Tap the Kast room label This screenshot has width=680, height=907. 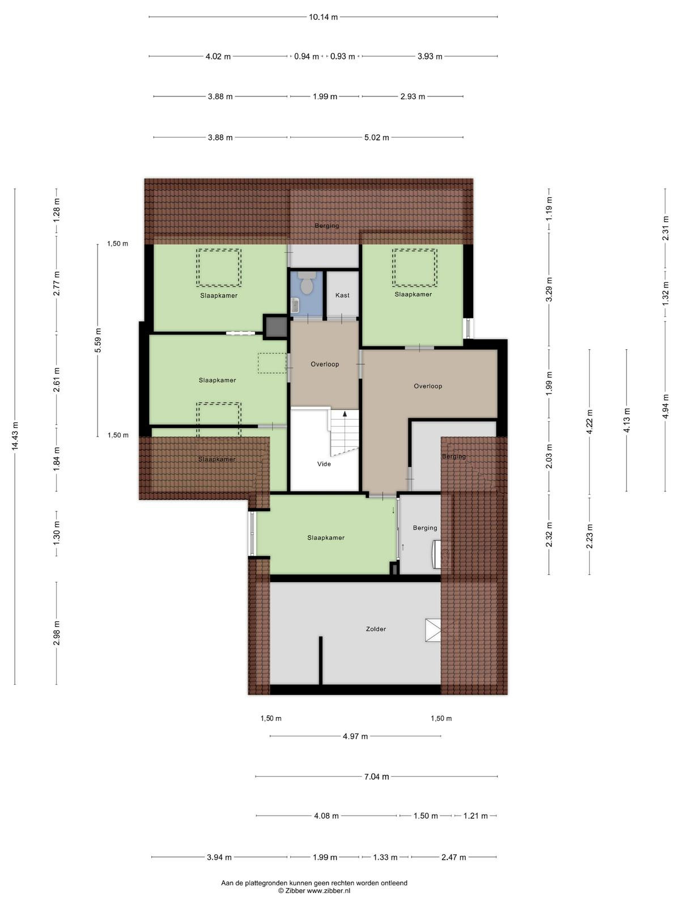click(x=342, y=295)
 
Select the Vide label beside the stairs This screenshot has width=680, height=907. click(x=324, y=464)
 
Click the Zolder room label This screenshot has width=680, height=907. click(x=376, y=629)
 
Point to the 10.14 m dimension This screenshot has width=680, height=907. click(x=323, y=17)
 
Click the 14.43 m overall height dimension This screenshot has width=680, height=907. click(x=15, y=436)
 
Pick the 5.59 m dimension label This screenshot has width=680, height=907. click(x=98, y=340)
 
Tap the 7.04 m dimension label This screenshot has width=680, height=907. click(x=376, y=777)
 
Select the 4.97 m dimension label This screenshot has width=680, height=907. click(x=355, y=736)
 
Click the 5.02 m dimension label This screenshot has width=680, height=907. click(x=376, y=138)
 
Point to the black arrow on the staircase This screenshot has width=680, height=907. click(x=345, y=413)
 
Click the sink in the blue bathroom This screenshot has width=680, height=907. click(x=295, y=306)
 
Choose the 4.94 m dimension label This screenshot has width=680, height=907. click(x=665, y=405)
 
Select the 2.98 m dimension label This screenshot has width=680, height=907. click(x=57, y=633)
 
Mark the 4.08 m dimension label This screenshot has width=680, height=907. click(x=326, y=816)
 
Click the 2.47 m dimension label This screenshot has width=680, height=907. click(x=454, y=858)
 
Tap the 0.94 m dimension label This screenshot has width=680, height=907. click(x=307, y=57)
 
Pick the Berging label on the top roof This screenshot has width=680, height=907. click(x=326, y=226)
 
